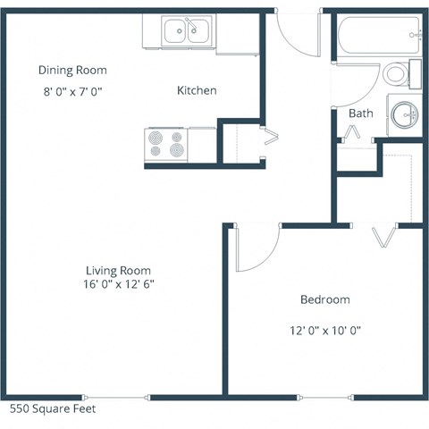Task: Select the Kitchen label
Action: pos(197,90)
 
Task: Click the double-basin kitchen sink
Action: pos(188,32)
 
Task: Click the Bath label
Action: pos(360,114)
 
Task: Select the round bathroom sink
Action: pos(405,114)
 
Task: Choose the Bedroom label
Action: pos(324,299)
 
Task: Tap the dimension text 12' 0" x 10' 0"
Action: pos(324,329)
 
